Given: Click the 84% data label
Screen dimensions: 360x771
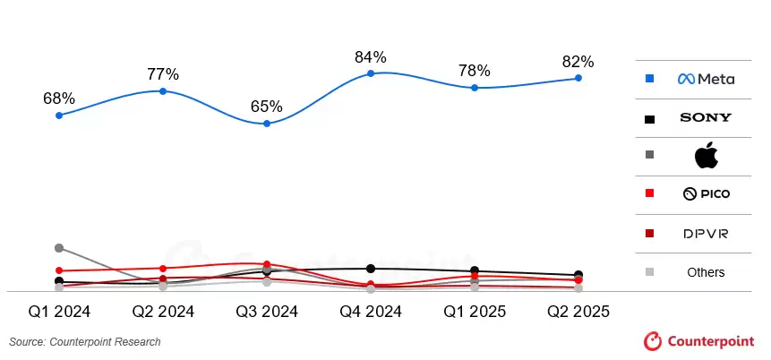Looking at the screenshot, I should [370, 57].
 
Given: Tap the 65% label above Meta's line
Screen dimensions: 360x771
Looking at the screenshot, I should [266, 107].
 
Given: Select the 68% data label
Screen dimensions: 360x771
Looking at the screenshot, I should [59, 99].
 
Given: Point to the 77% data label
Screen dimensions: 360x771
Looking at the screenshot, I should [163, 73].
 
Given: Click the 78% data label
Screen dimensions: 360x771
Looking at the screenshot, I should [474, 71].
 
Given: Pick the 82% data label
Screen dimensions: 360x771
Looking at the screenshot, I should [578, 62].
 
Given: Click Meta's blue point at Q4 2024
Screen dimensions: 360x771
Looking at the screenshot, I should [371, 73].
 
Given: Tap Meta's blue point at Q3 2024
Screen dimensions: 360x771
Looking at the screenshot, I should [267, 124].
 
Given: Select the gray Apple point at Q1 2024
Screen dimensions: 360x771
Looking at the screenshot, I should [59, 248].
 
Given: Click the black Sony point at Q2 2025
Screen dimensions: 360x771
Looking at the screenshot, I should [578, 275].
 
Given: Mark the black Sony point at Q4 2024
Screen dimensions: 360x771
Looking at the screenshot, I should [371, 269].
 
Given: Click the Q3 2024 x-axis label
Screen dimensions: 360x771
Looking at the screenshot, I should [267, 312].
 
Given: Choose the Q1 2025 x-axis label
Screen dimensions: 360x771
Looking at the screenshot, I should [474, 312].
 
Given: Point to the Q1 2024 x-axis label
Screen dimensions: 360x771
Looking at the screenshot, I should [59, 312].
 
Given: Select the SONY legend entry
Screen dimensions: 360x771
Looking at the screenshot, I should [706, 117].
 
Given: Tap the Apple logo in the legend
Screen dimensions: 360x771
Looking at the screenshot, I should [707, 155].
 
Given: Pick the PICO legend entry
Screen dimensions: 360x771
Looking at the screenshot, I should [706, 194].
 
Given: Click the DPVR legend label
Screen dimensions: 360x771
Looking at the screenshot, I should [706, 234].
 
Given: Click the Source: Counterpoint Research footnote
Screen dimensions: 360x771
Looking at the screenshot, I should [85, 342].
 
